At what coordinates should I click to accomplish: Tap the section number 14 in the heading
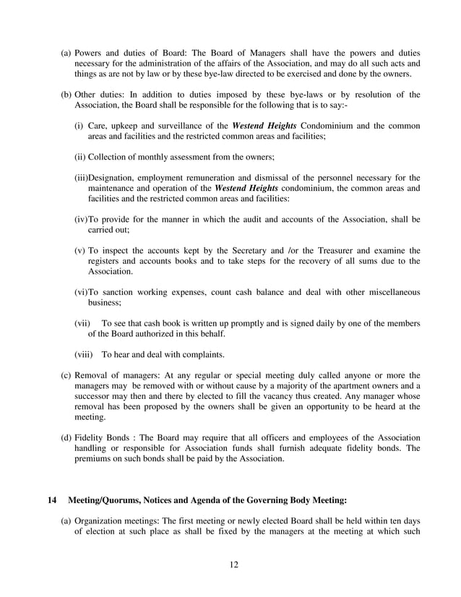(x=51, y=499)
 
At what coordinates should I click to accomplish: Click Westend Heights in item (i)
(x=267, y=126)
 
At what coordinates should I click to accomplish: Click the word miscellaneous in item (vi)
(x=387, y=292)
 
